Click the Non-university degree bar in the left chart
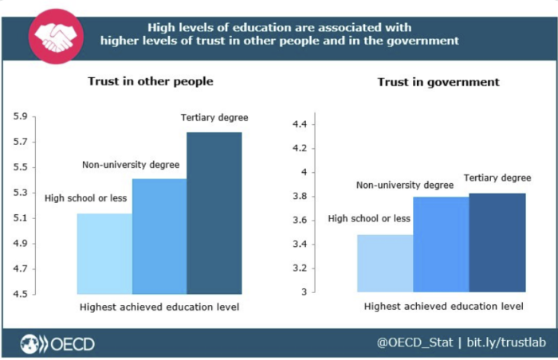(159, 236)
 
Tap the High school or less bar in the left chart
(104, 253)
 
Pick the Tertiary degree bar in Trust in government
(497, 242)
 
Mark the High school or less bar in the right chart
(385, 263)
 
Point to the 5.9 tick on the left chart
(20, 117)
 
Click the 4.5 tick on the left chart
(20, 295)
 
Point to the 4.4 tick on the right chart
(299, 124)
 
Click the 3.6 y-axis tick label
(299, 220)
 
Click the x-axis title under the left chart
(159, 307)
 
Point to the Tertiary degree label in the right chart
(497, 178)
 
